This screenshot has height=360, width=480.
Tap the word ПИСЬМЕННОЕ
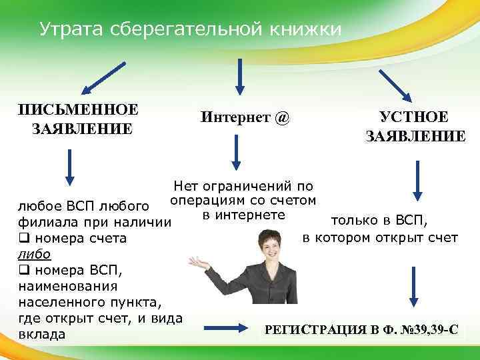78,109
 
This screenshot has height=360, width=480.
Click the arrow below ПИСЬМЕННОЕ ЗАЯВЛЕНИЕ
70,167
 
